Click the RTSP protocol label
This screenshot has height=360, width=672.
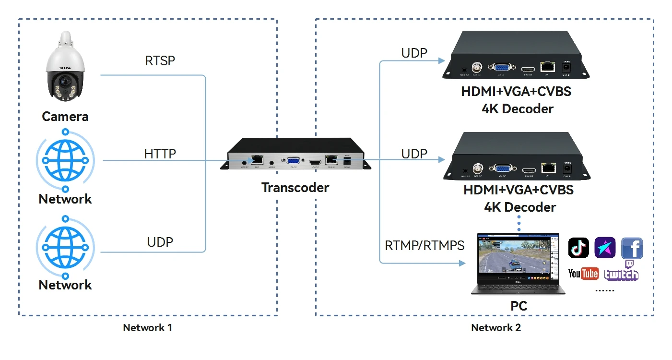click(160, 61)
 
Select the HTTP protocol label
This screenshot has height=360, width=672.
click(160, 154)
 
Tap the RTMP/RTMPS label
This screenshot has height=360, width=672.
click(424, 246)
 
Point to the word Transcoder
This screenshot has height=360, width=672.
click(295, 187)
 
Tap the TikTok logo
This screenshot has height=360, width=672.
click(578, 248)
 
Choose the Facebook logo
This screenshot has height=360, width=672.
click(632, 248)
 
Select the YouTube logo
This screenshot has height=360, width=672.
click(583, 274)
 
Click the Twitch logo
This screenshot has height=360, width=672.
click(622, 272)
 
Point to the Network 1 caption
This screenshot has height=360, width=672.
click(147, 328)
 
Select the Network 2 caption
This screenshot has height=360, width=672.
click(496, 328)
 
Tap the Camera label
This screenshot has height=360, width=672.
click(65, 117)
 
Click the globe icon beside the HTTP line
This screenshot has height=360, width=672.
click(65, 160)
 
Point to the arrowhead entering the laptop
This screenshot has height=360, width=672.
click(462, 263)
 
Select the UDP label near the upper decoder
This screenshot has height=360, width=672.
click(414, 53)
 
